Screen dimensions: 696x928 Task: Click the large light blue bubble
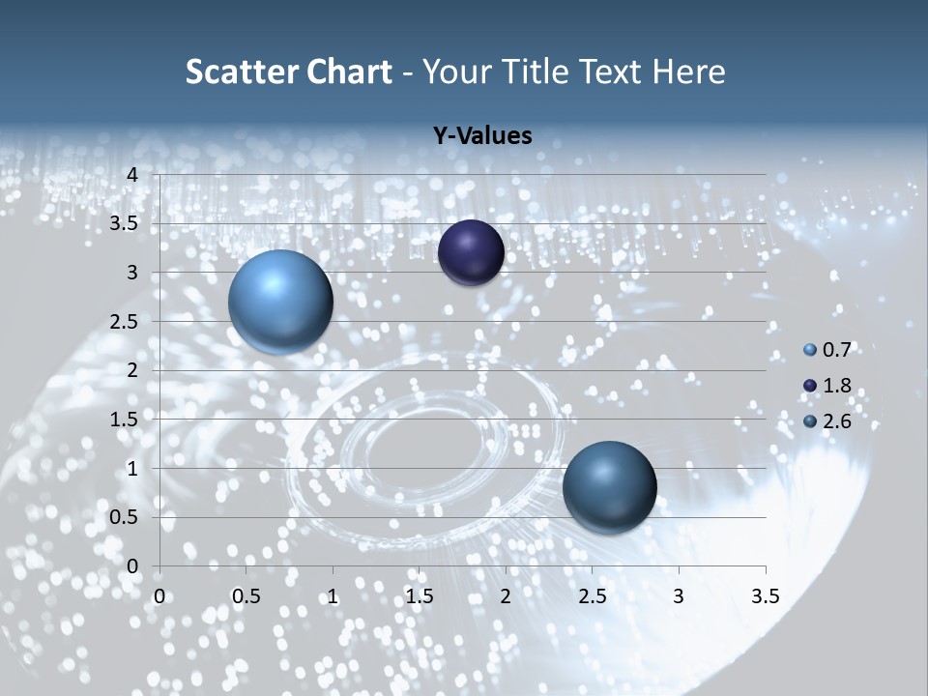coord(280,302)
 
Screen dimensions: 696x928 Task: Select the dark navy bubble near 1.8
coord(471,252)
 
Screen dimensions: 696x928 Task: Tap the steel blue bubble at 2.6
coord(609,487)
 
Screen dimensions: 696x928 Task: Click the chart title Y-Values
coord(482,136)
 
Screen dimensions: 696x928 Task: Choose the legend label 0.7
coord(835,349)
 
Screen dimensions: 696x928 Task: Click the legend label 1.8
coord(835,386)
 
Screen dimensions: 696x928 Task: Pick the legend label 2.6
coord(835,420)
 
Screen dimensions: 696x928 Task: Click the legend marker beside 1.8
coord(810,386)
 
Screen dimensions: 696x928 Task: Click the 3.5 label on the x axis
coord(765,596)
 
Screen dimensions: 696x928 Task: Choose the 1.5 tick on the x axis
coord(419,596)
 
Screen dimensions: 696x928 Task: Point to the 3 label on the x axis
coord(679,596)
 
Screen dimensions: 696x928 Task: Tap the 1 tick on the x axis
coord(333,596)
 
